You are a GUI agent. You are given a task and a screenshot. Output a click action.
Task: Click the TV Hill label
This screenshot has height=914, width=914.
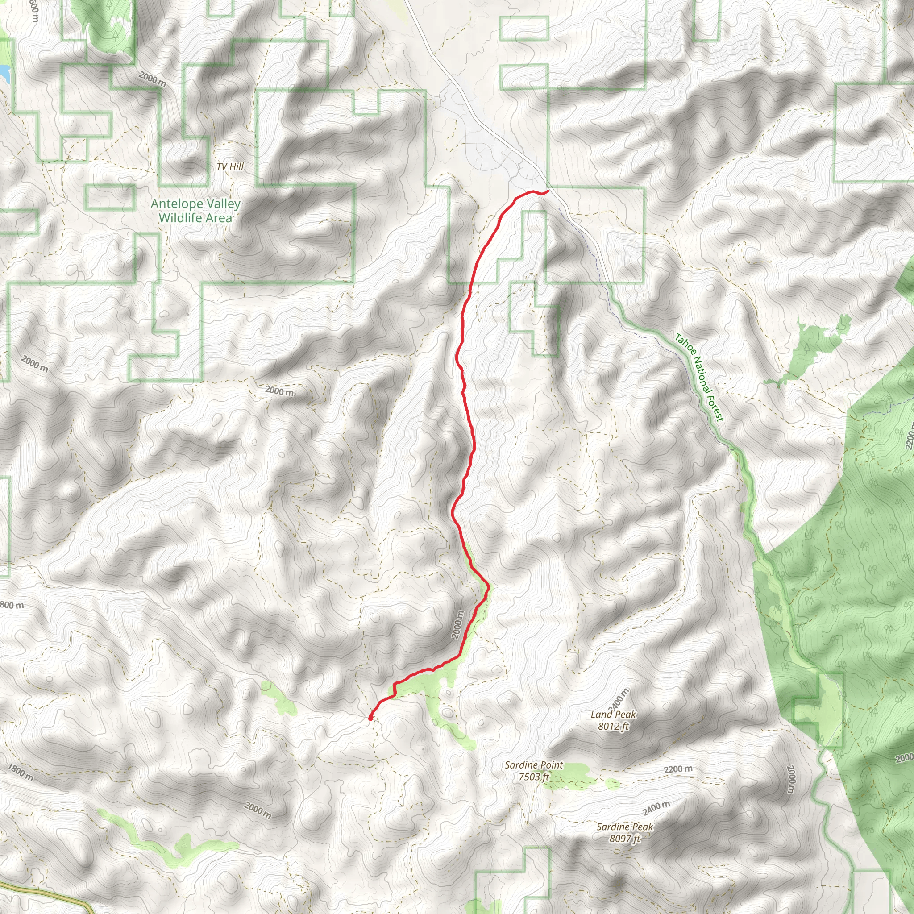coord(230,166)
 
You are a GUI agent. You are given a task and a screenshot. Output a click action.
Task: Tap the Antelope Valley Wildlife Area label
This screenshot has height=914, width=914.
coord(195,211)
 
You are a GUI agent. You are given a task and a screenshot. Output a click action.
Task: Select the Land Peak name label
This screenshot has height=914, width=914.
coord(613,715)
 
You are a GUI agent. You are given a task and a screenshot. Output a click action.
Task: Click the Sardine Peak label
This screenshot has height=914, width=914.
coord(624,827)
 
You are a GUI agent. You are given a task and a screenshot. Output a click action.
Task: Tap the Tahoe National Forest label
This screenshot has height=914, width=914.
coord(699,377)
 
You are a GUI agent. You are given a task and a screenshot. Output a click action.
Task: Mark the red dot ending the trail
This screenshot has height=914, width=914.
coord(370,718)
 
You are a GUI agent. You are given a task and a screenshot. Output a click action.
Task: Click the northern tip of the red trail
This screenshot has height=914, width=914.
coord(547,191)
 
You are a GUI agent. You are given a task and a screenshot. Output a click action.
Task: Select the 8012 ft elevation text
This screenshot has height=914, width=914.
coord(613,726)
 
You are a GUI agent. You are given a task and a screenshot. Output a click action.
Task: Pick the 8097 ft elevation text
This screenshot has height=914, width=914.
coord(624,839)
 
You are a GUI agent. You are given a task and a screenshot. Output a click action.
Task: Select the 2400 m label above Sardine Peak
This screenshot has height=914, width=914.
coord(656,807)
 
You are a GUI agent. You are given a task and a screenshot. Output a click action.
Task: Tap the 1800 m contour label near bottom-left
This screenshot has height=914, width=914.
coord(21,773)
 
